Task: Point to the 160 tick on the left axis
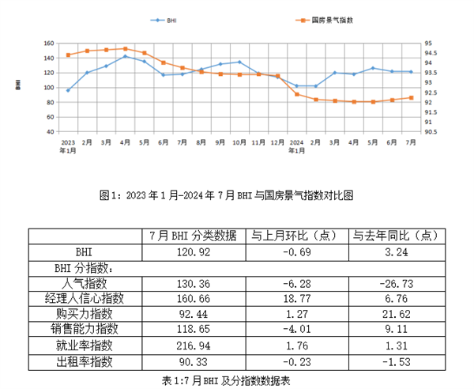pyautogui.click(x=48, y=43)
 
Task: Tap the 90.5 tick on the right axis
pyautogui.click(x=431, y=131)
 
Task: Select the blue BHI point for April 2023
pyautogui.click(x=125, y=56)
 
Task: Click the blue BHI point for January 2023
pyautogui.click(x=68, y=90)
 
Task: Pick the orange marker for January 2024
pyautogui.click(x=297, y=94)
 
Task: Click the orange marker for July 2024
pyautogui.click(x=412, y=97)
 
